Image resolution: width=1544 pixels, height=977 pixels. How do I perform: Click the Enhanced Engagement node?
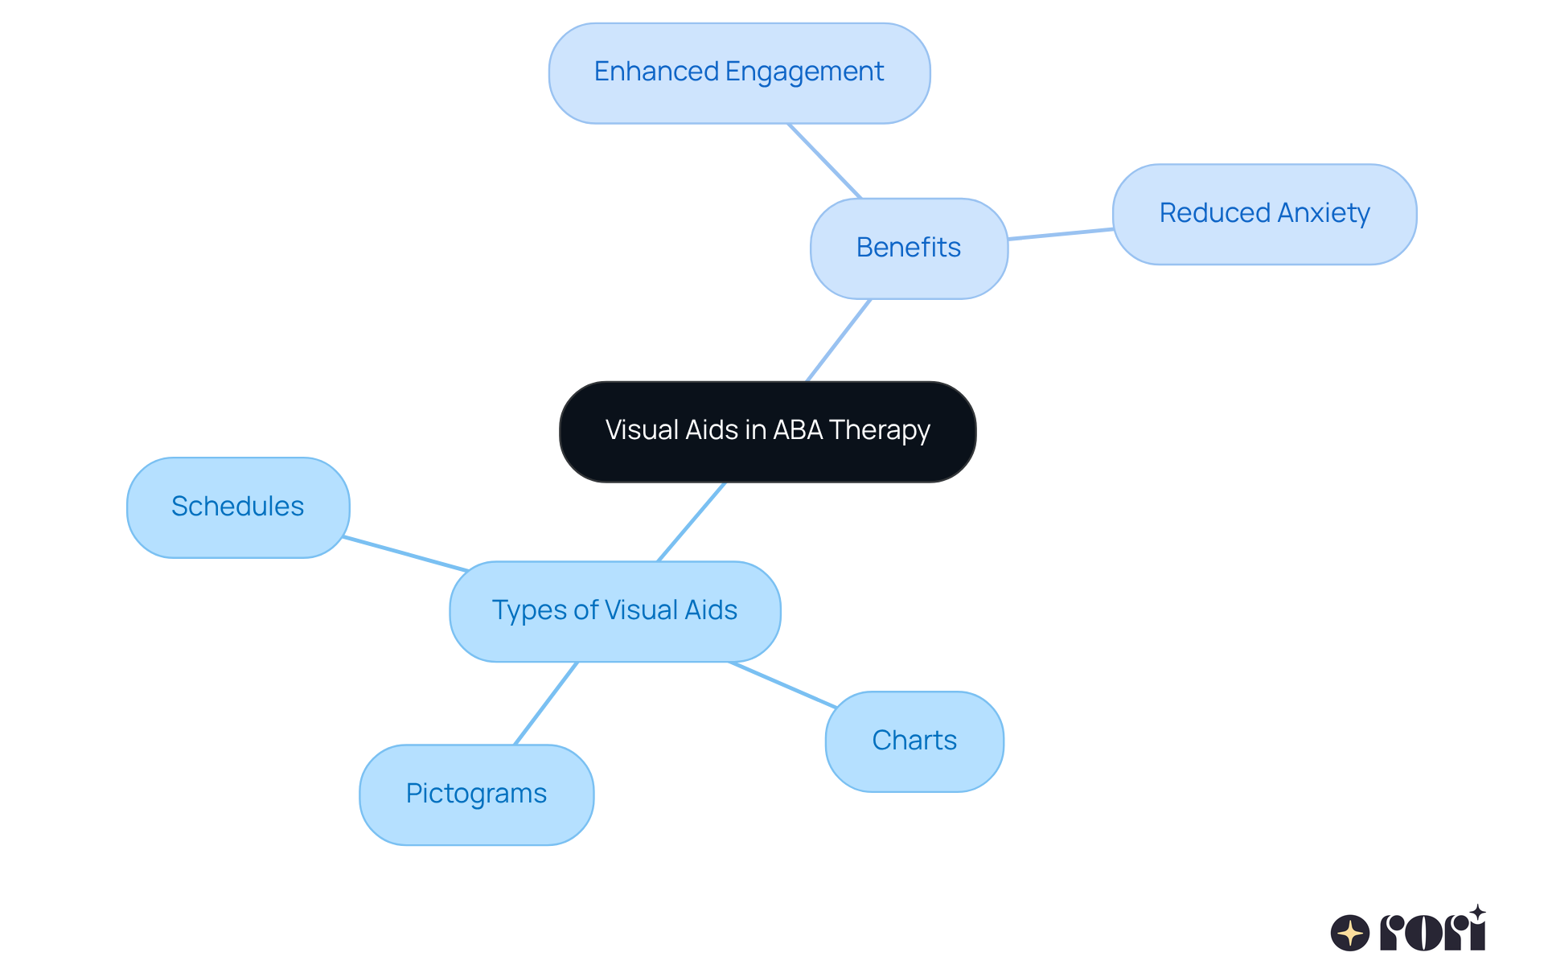(739, 73)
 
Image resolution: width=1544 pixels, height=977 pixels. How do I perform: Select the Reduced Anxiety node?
(1264, 214)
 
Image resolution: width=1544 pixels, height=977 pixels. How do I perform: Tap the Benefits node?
(909, 248)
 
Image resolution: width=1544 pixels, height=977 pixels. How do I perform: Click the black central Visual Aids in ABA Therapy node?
(767, 432)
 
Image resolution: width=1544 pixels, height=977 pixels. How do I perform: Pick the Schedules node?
(238, 507)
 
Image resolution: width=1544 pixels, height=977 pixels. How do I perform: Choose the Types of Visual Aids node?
(614, 611)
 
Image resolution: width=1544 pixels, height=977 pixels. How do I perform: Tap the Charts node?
(914, 741)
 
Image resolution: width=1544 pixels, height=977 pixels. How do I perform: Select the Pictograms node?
(476, 794)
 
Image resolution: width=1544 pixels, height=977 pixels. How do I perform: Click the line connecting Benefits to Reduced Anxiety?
(1060, 234)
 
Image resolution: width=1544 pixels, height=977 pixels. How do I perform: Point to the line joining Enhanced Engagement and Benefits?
(824, 161)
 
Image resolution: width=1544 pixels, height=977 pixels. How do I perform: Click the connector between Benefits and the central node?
(839, 340)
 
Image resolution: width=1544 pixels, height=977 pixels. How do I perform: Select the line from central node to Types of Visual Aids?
(692, 522)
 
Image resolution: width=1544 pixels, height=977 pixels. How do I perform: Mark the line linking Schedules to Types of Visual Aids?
(406, 553)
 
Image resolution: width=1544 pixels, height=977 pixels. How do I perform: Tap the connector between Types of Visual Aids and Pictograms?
(546, 703)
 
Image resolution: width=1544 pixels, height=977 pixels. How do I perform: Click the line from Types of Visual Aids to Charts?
(782, 685)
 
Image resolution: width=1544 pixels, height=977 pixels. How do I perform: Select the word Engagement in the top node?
(804, 72)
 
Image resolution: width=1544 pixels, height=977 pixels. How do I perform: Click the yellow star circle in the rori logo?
(1349, 933)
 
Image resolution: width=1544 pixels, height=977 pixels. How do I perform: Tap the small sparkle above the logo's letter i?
(1477, 912)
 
